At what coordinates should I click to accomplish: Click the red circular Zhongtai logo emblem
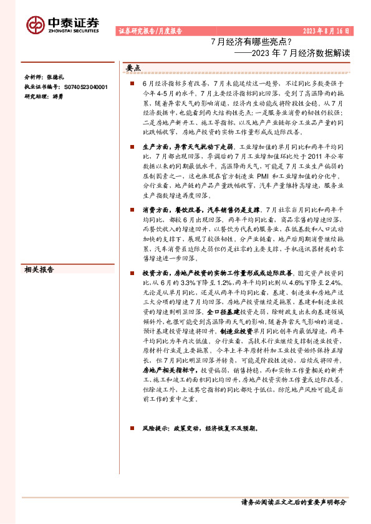pos(35,24)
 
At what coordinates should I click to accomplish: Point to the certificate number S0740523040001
pos(84,88)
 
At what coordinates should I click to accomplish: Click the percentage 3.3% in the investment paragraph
pos(187,282)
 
